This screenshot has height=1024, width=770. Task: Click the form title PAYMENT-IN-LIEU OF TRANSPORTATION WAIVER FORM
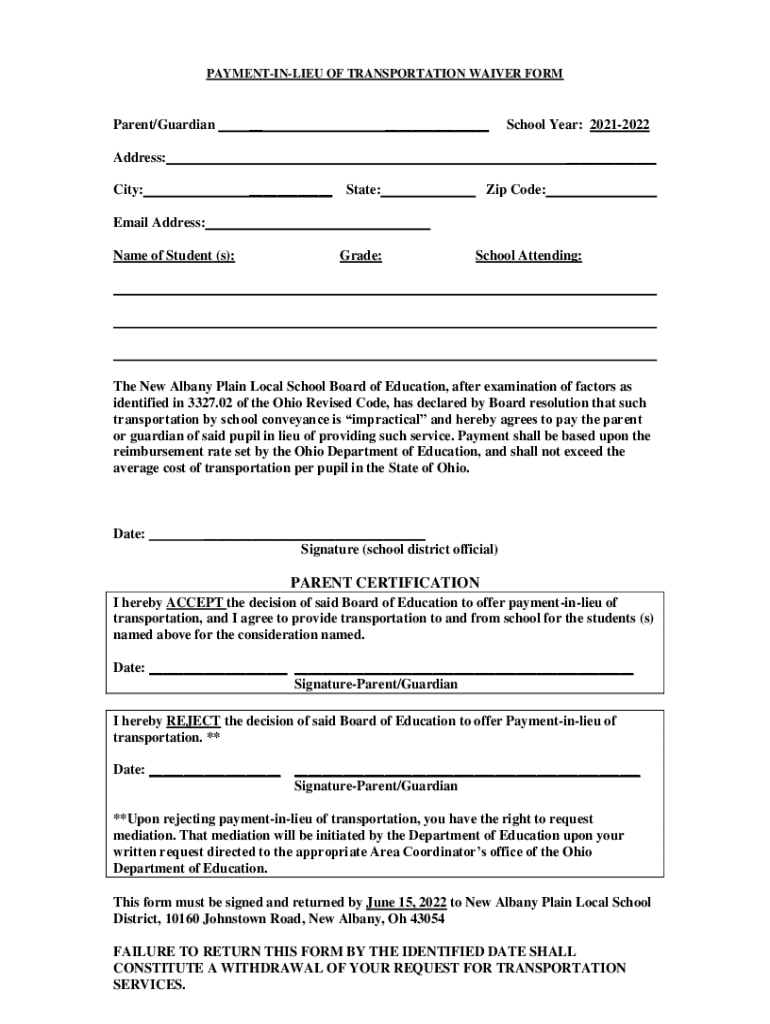385,74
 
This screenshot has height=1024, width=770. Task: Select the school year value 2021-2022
619,125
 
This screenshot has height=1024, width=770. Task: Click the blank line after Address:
411,159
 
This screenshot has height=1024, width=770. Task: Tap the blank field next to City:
238,191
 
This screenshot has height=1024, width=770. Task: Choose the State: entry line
428,191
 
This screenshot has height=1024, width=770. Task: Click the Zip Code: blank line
601,191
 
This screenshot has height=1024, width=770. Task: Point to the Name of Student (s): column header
174,256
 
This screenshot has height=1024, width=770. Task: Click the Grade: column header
360,256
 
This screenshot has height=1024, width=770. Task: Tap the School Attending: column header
528,256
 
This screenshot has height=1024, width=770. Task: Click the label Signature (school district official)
399,550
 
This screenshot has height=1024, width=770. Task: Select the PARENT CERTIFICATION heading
385,582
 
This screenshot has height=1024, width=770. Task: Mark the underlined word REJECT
193,720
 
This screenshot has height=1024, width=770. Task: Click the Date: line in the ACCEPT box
218,668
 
